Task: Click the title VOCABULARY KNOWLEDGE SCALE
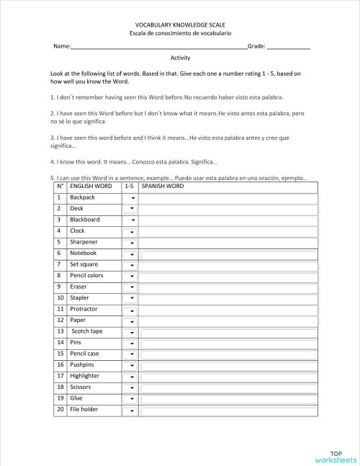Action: click(x=180, y=24)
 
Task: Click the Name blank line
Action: click(x=158, y=47)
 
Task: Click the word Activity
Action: click(x=180, y=58)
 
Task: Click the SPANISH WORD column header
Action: click(x=163, y=186)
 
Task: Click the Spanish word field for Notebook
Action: click(x=228, y=254)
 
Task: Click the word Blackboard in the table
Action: click(x=85, y=220)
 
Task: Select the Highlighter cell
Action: click(x=85, y=376)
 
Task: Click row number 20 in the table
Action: click(x=60, y=410)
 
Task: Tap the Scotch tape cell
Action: click(x=86, y=331)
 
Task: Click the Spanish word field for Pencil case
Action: click(x=228, y=354)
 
